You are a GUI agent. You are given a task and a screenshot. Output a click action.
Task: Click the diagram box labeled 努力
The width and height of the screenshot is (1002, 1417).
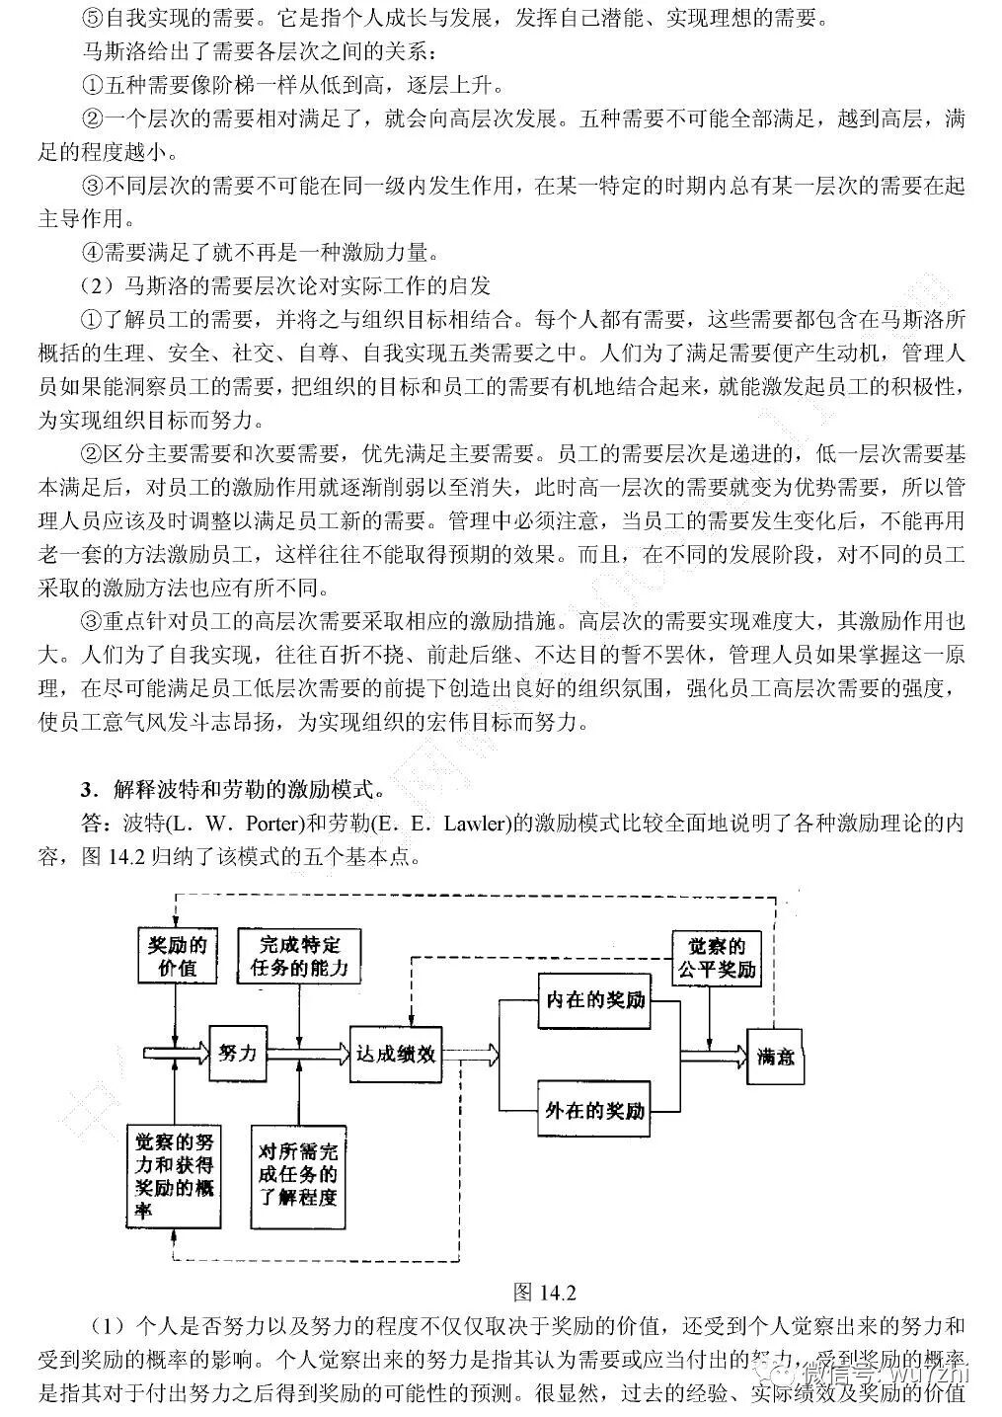coord(238,1053)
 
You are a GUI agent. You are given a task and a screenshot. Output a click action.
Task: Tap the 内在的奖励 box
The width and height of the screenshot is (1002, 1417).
coord(594,1000)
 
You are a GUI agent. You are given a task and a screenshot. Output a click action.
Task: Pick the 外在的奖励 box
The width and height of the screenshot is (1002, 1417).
coord(594,1110)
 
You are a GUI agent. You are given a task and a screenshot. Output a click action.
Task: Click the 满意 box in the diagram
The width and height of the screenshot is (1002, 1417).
coord(776,1057)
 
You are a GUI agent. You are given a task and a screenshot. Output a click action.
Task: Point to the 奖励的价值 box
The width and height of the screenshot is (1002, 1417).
coord(176,955)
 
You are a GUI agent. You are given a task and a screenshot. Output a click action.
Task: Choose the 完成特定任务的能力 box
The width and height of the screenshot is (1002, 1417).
coord(299,955)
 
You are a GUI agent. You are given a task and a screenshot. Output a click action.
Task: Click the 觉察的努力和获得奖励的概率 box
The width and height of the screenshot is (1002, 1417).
coord(175,1175)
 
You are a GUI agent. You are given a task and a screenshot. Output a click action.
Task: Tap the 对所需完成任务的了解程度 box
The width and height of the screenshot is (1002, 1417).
coord(298,1175)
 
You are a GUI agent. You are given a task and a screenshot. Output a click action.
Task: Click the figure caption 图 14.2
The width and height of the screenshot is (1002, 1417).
coord(545,1293)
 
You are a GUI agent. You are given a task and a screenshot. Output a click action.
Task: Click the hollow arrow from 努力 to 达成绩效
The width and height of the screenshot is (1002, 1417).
coord(307,1054)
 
